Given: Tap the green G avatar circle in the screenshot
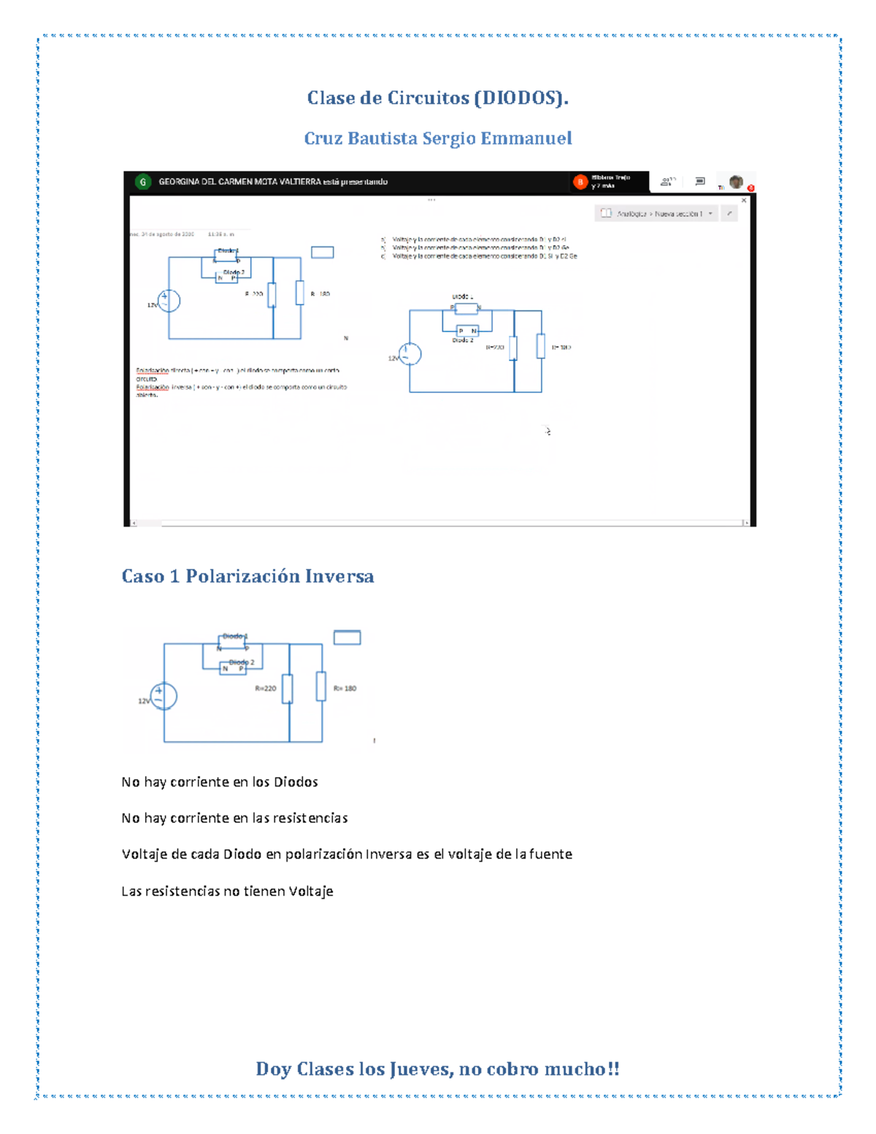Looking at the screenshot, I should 143,182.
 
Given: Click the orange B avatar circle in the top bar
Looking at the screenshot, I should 580,182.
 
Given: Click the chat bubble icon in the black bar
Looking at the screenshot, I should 700,181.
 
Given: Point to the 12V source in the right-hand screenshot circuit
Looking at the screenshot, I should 410,355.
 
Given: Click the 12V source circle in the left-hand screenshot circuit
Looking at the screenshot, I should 169,301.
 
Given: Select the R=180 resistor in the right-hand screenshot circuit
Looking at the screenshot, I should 541,346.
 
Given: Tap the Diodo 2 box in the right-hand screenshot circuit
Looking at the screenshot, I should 466,331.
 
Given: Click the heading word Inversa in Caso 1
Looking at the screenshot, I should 339,576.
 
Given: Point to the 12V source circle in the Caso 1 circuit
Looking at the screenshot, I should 164,696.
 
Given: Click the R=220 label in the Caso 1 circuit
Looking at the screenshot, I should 266,689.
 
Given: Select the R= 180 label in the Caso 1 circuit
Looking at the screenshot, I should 345,689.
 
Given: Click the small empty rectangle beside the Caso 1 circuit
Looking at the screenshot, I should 347,637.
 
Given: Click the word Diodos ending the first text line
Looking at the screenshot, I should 296,782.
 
